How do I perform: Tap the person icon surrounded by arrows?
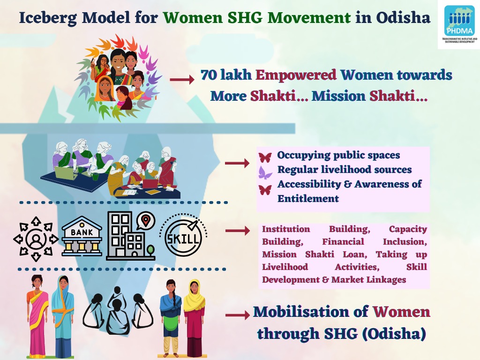36,239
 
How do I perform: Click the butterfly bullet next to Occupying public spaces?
265,157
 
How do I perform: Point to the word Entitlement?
308,198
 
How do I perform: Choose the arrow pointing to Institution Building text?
238,231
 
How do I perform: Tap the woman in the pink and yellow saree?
37,314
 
